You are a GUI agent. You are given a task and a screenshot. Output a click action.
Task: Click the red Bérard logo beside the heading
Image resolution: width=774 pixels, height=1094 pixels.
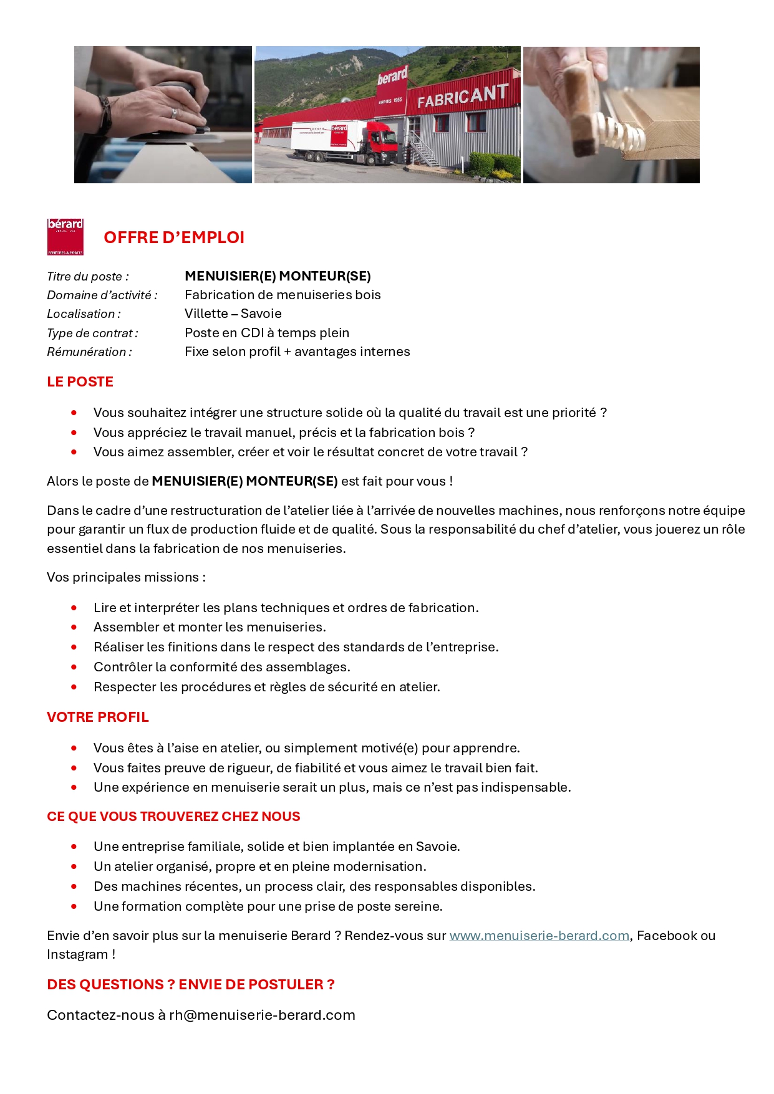(65, 236)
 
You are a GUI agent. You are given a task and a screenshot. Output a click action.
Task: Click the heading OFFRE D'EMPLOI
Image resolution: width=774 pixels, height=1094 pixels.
(174, 238)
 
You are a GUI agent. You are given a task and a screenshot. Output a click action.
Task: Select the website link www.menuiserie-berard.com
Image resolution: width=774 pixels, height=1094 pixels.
(539, 935)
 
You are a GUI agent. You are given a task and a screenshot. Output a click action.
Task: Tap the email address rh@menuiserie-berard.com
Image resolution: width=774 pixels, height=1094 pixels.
(262, 1015)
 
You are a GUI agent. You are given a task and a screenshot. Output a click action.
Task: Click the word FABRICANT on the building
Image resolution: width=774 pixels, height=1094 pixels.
(462, 95)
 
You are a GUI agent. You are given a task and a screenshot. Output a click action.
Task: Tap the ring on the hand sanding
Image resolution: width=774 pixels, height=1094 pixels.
(175, 113)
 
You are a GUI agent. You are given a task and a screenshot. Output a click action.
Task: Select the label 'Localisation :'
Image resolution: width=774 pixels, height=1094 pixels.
(84, 314)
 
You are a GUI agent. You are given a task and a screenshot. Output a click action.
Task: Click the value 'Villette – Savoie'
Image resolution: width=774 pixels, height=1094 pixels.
(233, 314)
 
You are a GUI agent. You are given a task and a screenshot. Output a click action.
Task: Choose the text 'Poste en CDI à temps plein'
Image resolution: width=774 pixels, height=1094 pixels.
(267, 333)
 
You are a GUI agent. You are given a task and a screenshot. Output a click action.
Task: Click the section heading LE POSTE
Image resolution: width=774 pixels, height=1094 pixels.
(80, 381)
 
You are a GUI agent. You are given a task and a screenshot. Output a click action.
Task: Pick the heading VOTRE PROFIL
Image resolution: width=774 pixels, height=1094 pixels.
(98, 717)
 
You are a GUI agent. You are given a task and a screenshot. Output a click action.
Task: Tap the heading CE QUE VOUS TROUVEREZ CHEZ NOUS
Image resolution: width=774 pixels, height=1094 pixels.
(173, 816)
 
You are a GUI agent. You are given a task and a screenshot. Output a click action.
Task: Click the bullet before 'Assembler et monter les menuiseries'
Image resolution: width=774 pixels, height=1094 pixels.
(74, 627)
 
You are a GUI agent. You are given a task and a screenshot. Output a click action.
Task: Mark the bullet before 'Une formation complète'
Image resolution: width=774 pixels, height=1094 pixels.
(74, 906)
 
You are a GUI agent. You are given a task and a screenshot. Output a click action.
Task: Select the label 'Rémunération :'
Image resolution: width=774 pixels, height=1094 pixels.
(89, 352)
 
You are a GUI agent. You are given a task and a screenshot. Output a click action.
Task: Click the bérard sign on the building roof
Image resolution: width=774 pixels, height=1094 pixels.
(392, 75)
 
